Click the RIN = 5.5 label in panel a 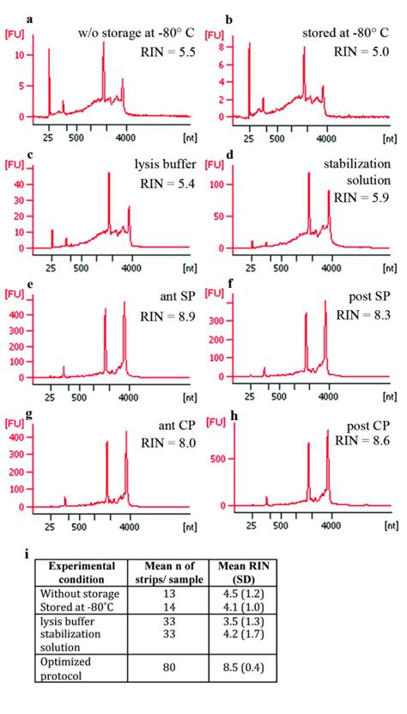[x=166, y=52]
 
